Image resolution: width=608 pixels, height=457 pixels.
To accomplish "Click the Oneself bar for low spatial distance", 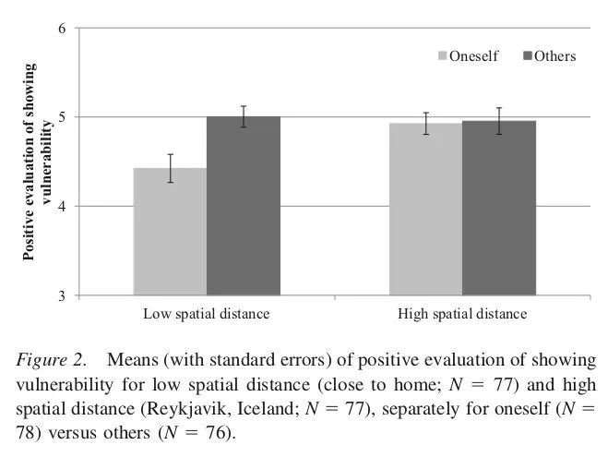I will tap(170, 233).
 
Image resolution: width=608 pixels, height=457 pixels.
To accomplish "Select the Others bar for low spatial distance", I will tap(243, 207).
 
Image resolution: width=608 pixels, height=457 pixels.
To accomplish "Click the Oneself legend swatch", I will tap(443, 56).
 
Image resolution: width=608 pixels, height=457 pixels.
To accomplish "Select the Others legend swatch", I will tap(528, 56).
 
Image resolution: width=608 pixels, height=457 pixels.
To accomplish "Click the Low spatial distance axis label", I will tap(206, 314).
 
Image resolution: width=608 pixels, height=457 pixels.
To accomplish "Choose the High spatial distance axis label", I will tap(461, 314).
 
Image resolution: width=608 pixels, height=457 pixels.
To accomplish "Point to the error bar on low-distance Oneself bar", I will tap(170, 168).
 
